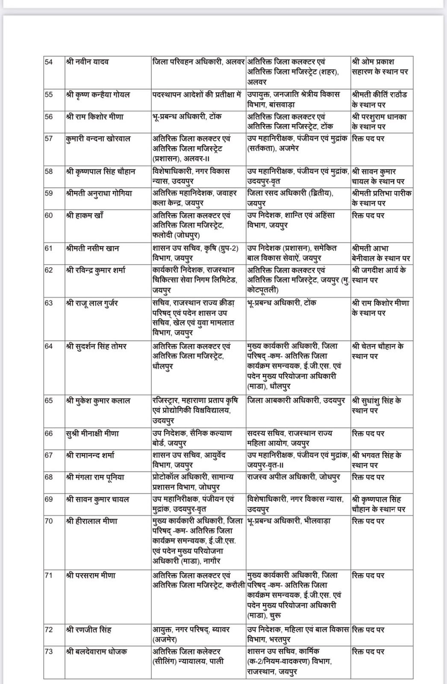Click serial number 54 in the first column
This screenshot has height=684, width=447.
pos(49,62)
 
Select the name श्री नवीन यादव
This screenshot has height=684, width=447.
pos(88,62)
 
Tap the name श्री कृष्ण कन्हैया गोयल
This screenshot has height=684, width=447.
pos(98,94)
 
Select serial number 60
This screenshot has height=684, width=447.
pos(49,215)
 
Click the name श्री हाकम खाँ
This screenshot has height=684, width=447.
pos(85,215)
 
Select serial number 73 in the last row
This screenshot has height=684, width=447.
pos(49,652)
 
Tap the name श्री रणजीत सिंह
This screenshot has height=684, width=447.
pos(89,630)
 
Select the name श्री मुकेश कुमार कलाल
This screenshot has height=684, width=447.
pos(98,401)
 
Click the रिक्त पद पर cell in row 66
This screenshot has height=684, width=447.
pos(368,433)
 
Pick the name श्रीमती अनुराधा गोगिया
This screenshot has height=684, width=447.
pos(99,193)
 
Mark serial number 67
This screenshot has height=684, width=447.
pos(49,455)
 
